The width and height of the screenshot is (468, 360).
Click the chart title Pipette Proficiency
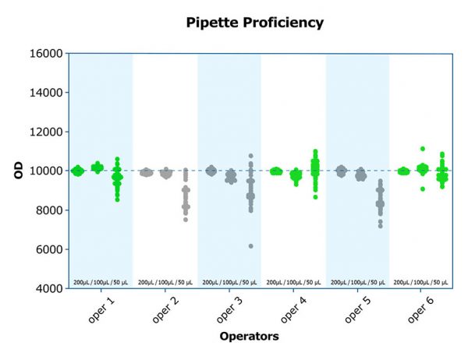[254, 23]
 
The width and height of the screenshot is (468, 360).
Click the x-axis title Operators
[260, 337]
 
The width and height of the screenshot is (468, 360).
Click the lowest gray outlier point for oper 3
[250, 246]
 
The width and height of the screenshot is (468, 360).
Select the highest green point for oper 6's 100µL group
[422, 148]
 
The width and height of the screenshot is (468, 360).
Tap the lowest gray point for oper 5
[380, 226]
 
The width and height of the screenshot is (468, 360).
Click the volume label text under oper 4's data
[292, 281]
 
